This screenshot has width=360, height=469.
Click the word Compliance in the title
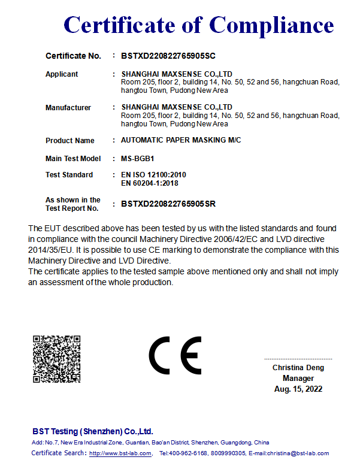pyautogui.click(x=271, y=25)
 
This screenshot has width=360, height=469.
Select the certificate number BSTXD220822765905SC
pyautogui.click(x=168, y=56)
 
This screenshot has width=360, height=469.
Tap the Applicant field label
pyautogui.click(x=62, y=74)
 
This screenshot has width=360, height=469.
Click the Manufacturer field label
pyautogui.click(x=68, y=108)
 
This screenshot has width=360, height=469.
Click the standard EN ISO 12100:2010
pyautogui.click(x=153, y=175)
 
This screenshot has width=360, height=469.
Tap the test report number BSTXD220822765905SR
pyautogui.click(x=168, y=204)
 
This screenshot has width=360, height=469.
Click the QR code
pyautogui.click(x=56, y=359)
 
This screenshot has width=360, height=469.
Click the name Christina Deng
pyautogui.click(x=298, y=368)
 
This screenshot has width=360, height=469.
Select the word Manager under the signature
pyautogui.click(x=298, y=379)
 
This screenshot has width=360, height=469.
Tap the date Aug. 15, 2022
pyautogui.click(x=298, y=389)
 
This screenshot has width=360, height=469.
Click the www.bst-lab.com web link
pyautogui.click(x=120, y=453)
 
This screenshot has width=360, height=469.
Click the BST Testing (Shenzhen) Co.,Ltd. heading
pyautogui.click(x=93, y=431)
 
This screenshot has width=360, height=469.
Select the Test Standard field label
pyautogui.click(x=69, y=175)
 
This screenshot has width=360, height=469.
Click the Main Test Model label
pyautogui.click(x=73, y=159)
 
